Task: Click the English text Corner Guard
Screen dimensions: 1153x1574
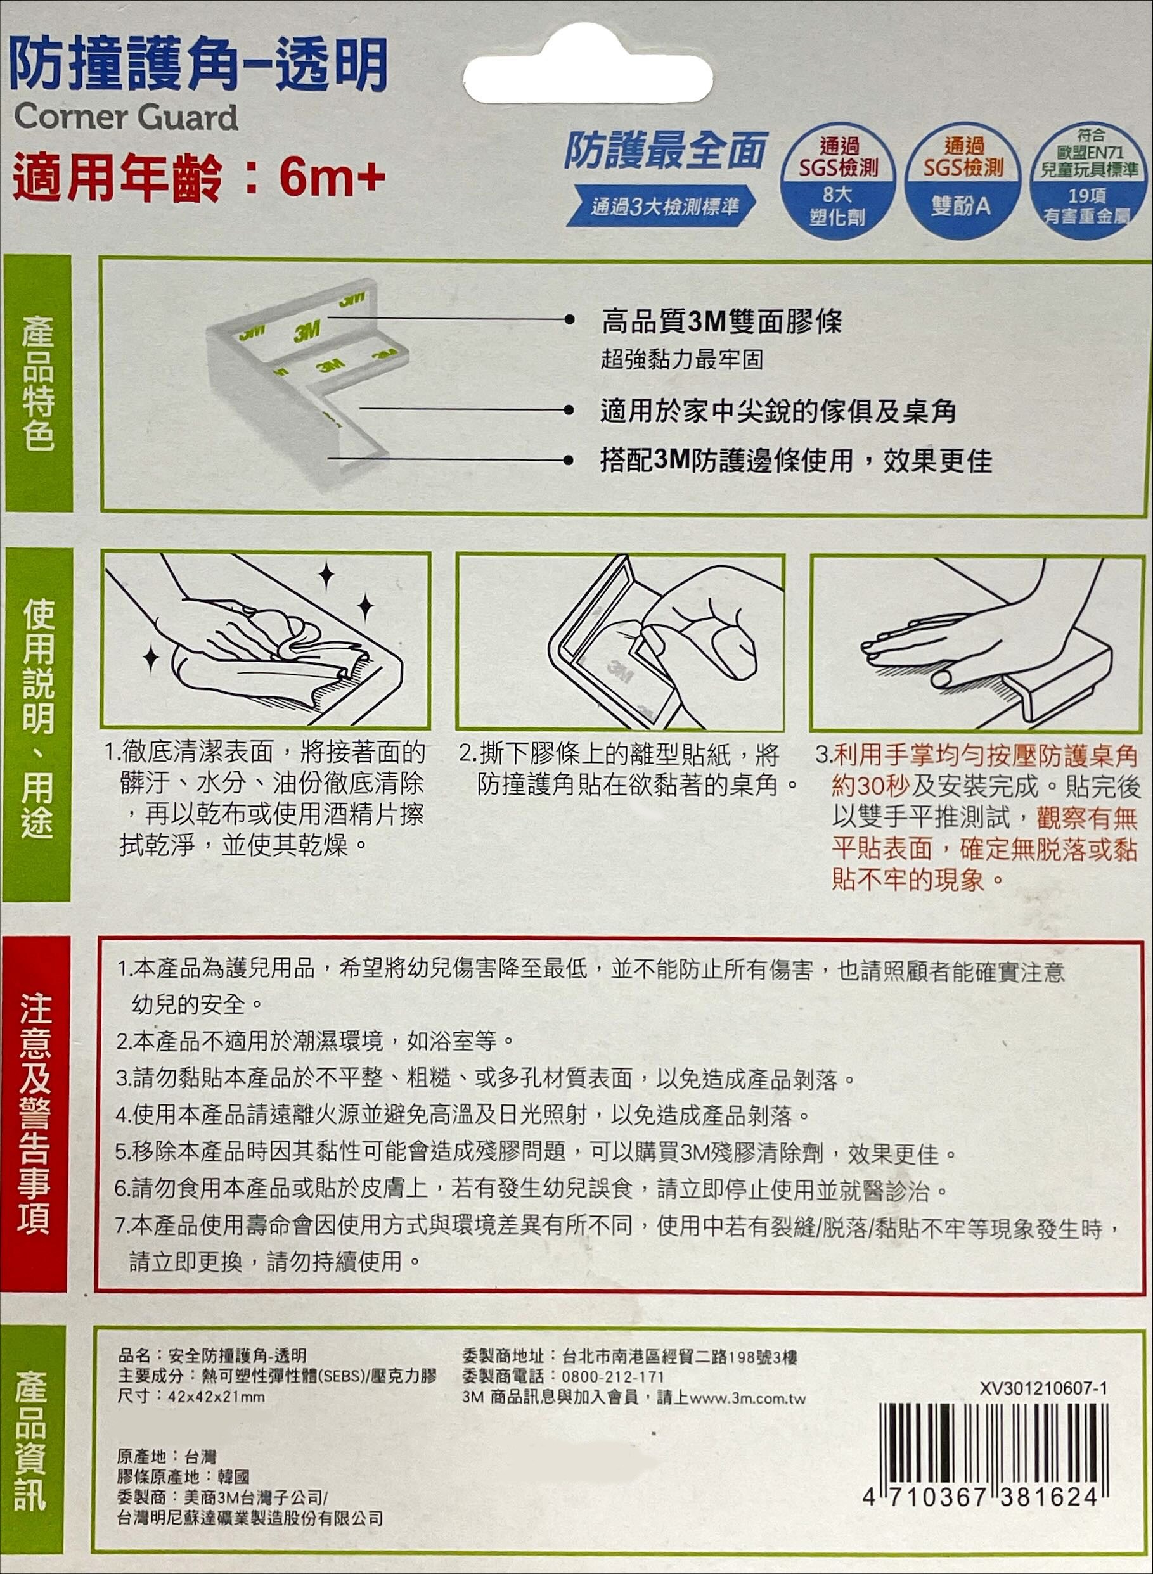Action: pyautogui.click(x=126, y=117)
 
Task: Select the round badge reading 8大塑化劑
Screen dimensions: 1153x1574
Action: pyautogui.click(x=837, y=181)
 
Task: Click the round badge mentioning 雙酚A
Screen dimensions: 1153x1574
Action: pyautogui.click(x=963, y=181)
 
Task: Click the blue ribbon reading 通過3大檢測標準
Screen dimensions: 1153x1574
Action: pyautogui.click(x=662, y=207)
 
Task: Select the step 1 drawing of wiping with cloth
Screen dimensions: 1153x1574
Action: pyautogui.click(x=266, y=640)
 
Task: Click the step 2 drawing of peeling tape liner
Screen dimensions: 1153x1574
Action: pyautogui.click(x=621, y=642)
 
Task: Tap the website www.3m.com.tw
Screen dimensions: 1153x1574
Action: pyautogui.click(x=747, y=1397)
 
